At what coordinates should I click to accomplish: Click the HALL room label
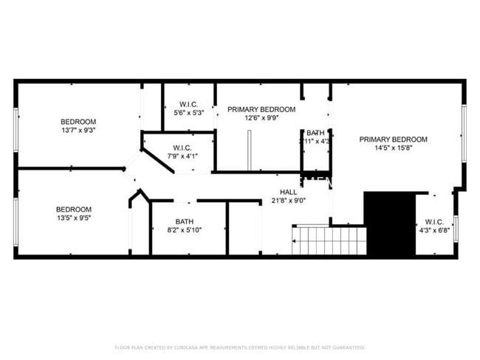tap(288, 191)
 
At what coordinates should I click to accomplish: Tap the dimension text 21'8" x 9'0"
tap(288, 200)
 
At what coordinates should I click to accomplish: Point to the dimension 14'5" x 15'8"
tap(393, 148)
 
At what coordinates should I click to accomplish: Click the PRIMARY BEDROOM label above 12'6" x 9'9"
tap(261, 109)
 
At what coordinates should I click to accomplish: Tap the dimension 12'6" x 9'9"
tap(261, 118)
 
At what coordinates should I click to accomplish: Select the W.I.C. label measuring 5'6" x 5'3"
tap(189, 104)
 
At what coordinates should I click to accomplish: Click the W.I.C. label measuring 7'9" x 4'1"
tap(183, 147)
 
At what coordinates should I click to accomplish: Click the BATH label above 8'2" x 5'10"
tap(184, 221)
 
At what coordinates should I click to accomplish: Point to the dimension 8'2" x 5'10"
tap(184, 230)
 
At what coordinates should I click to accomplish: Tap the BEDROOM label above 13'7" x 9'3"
tap(78, 122)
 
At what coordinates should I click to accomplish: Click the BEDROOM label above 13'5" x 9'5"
tap(74, 210)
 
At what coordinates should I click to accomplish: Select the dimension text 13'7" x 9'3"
tap(78, 131)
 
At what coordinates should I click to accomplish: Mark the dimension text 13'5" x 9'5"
tap(74, 218)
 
